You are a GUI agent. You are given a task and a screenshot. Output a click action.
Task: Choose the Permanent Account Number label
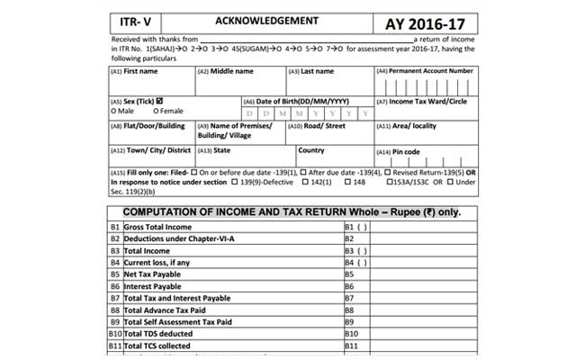[x=428, y=70]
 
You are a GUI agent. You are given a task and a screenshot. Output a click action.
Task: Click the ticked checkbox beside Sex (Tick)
[x=159, y=101]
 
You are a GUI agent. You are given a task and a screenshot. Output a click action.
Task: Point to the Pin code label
[x=404, y=151]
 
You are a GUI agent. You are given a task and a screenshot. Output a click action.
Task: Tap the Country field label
[x=311, y=150]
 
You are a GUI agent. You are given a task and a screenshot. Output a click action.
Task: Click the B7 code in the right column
[x=352, y=297]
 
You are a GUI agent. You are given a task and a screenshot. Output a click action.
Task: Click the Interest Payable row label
[x=154, y=285]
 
